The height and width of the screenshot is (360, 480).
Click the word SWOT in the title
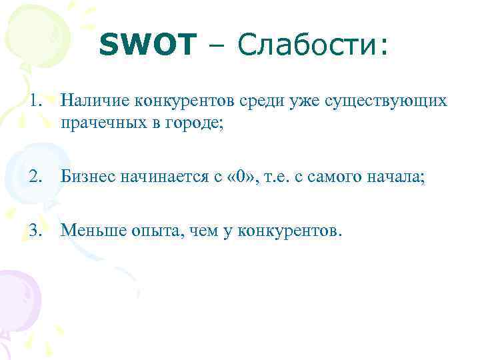[x=148, y=46]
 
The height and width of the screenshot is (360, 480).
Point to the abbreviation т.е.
[x=271, y=177]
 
